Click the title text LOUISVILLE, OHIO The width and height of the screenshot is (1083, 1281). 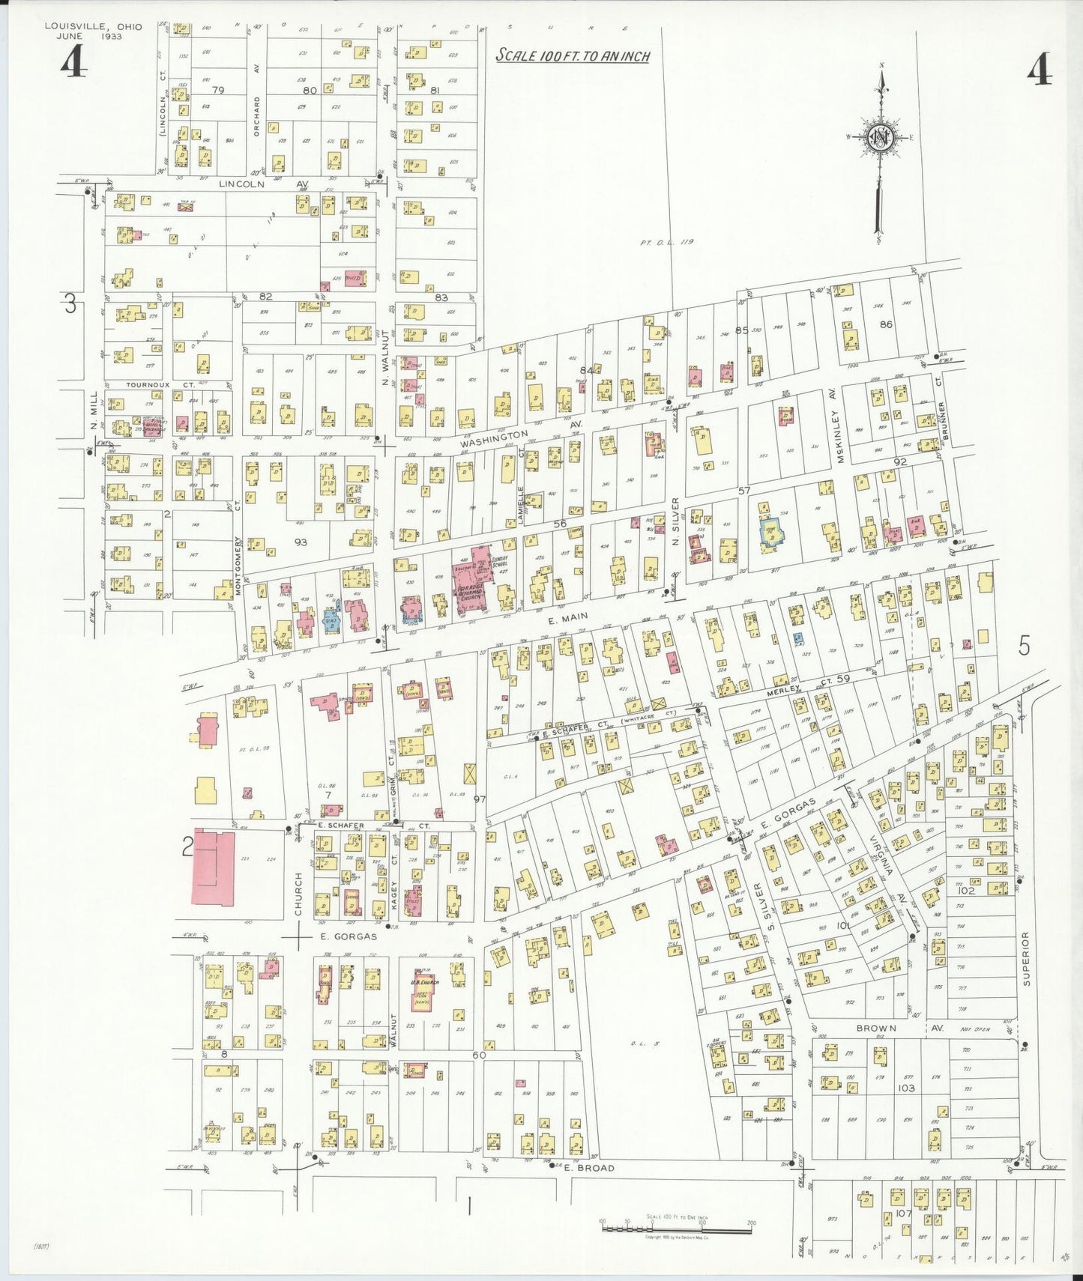tap(93, 26)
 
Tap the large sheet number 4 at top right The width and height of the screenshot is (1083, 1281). tap(1040, 72)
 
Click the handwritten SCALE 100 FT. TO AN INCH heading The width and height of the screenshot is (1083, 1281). tap(573, 56)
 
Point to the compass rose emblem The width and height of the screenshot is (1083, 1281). tap(880, 139)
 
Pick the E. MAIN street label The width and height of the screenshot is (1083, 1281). tap(568, 618)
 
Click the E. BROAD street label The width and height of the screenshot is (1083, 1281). tap(589, 1168)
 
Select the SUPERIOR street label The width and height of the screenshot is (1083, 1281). tap(1026, 958)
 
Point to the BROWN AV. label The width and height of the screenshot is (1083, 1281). tap(888, 1029)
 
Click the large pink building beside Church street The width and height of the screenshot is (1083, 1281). tap(214, 867)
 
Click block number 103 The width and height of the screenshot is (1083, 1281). tap(906, 1088)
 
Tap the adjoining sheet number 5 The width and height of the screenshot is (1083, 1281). tap(1025, 645)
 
